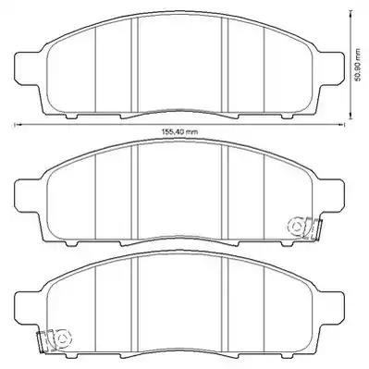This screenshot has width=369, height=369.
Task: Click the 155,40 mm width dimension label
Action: [x=179, y=132]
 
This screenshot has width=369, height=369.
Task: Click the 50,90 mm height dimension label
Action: [x=358, y=65]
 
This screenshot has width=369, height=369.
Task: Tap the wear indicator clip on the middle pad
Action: [x=305, y=228]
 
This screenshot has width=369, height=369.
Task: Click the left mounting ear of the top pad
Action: [x=28, y=68]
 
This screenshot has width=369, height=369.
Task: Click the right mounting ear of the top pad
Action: [x=332, y=68]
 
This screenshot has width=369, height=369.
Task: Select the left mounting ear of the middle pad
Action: [x=28, y=196]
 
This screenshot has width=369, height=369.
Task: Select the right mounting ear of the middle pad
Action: [x=332, y=196]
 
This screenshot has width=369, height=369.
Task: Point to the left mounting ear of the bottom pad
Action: [x=28, y=308]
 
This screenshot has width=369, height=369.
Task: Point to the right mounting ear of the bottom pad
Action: [x=332, y=308]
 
